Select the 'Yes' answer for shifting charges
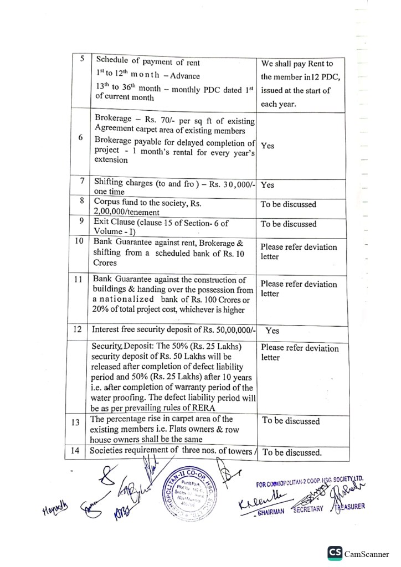point(268,184)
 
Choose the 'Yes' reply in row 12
point(273,331)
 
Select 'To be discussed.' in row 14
point(292,452)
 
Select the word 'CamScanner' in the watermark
point(367,554)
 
